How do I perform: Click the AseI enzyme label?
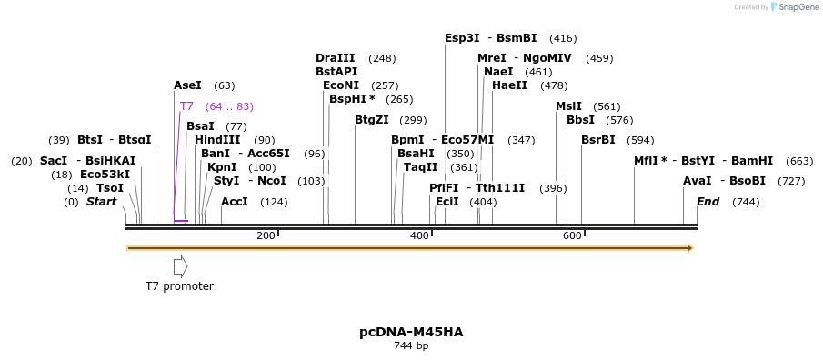click(x=187, y=85)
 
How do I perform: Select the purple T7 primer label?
click(x=186, y=106)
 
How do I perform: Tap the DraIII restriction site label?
click(x=336, y=58)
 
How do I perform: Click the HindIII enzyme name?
click(x=217, y=140)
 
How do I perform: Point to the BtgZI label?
click(x=371, y=120)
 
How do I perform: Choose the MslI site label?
click(x=568, y=106)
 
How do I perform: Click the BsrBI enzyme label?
click(x=598, y=140)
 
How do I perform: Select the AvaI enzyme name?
click(x=697, y=181)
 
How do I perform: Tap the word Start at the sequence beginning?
click(x=101, y=202)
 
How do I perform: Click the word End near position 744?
click(x=708, y=202)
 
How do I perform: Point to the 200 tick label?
click(x=266, y=236)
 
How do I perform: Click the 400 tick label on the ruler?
click(x=419, y=236)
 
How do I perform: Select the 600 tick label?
click(x=572, y=236)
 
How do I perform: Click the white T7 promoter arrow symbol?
click(x=180, y=266)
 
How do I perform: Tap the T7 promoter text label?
click(x=179, y=286)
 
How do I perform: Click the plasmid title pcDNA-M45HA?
click(x=411, y=332)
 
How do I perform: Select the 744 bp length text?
click(x=411, y=346)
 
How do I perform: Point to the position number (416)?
click(x=563, y=38)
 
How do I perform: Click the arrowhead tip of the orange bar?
click(x=691, y=248)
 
